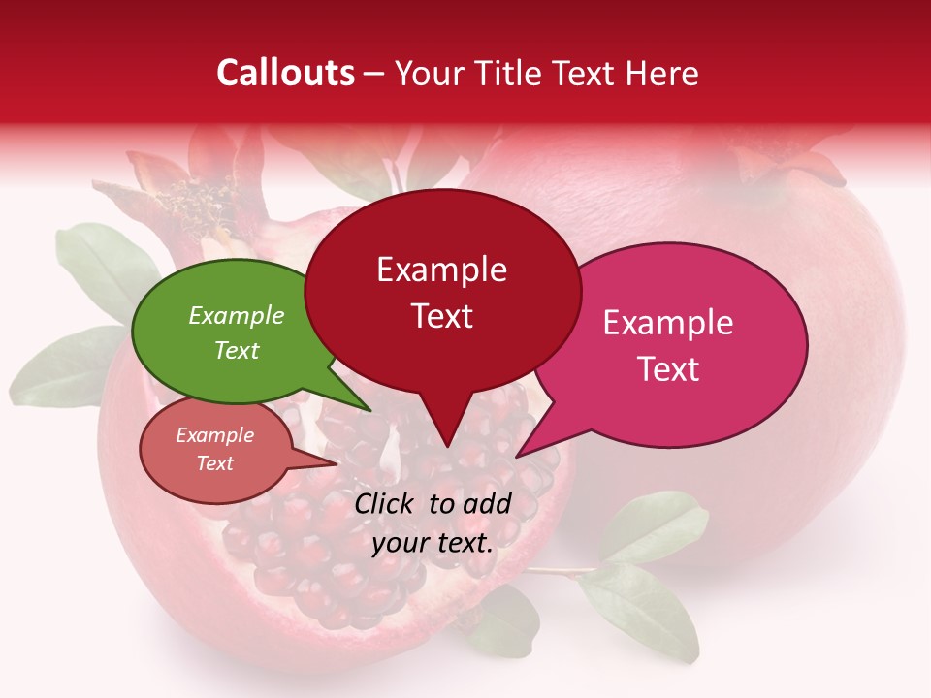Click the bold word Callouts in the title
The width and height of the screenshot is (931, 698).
(x=285, y=73)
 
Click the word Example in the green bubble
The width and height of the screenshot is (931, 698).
(x=237, y=316)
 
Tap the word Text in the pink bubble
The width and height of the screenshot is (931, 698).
(x=668, y=368)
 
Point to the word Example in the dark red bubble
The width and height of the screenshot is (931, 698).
(x=442, y=270)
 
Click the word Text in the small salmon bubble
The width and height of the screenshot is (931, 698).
(x=215, y=463)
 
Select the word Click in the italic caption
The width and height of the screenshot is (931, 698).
(x=387, y=503)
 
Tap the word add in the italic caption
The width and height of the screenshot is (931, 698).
(x=487, y=503)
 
